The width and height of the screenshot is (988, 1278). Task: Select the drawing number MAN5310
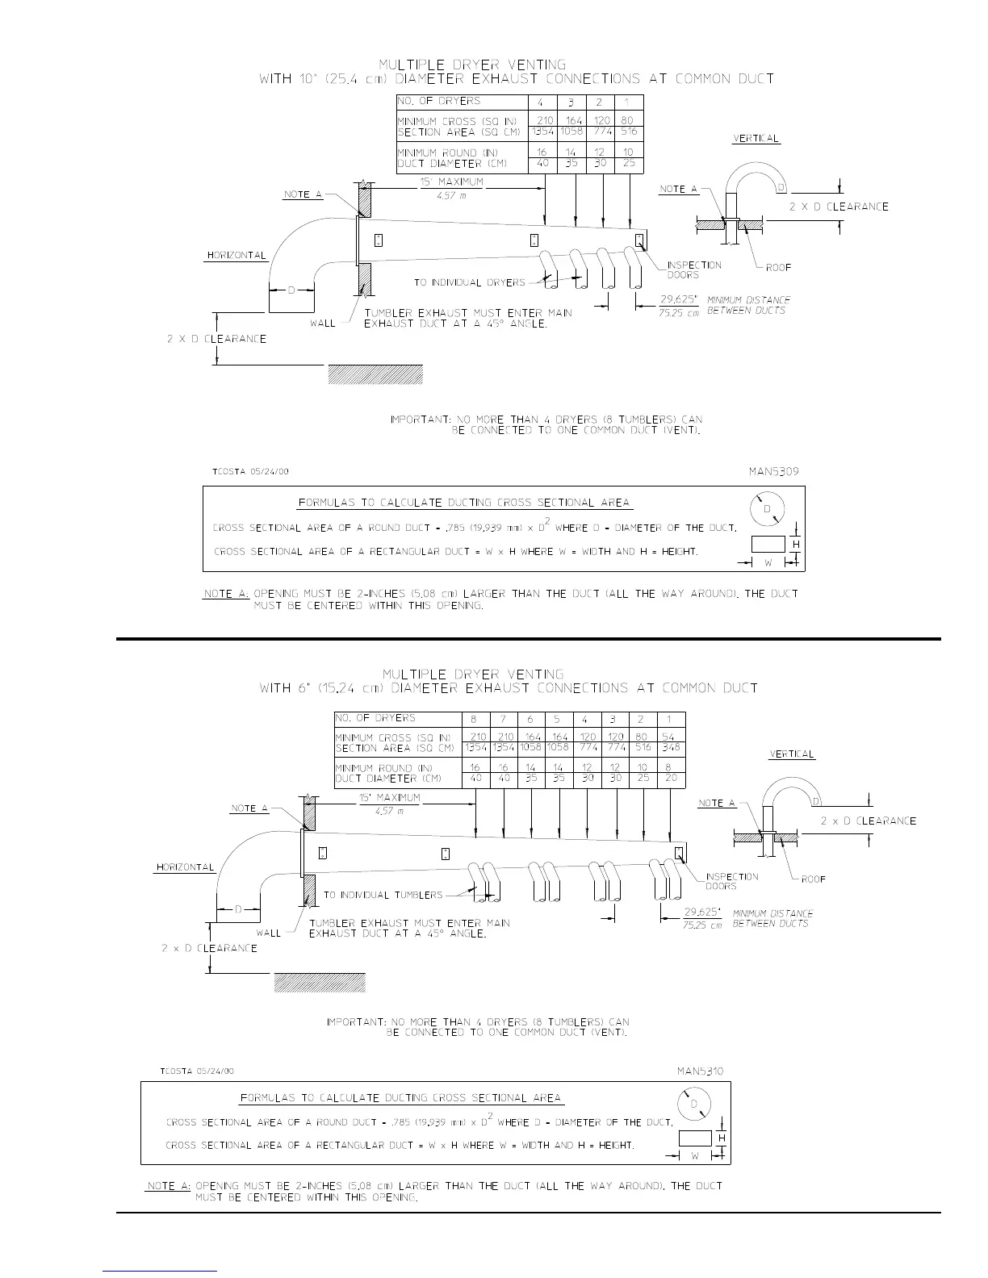[699, 1071]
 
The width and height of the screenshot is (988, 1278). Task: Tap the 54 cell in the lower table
[668, 737]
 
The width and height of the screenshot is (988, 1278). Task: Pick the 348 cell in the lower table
[670, 748]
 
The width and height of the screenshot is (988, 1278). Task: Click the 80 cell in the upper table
[628, 121]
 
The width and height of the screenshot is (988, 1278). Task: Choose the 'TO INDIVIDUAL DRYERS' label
[469, 282]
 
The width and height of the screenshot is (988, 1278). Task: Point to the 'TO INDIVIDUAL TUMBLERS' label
[383, 895]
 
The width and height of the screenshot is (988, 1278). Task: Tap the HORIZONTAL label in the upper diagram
[237, 255]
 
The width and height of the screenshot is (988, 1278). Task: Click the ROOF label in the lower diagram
[813, 879]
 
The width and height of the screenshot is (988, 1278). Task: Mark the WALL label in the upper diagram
[324, 324]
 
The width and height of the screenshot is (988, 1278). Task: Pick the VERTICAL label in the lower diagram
[791, 754]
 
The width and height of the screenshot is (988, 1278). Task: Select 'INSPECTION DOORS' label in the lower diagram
[731, 881]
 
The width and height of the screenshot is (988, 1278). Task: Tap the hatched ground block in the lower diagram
[320, 982]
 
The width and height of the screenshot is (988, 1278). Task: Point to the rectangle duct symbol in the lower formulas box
[695, 1138]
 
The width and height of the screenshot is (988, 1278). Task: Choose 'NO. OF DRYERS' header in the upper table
[438, 101]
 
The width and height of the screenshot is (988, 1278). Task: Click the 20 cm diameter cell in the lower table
[670, 779]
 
